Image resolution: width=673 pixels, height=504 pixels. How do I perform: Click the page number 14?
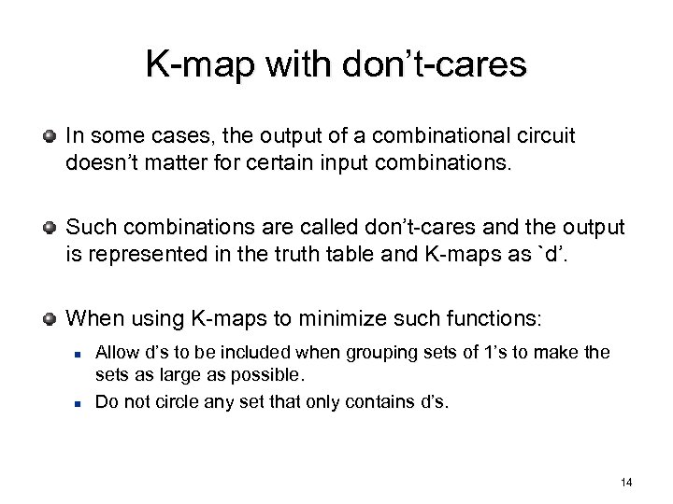pyautogui.click(x=625, y=482)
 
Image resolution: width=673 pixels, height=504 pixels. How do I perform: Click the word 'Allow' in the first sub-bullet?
pyautogui.click(x=117, y=353)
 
